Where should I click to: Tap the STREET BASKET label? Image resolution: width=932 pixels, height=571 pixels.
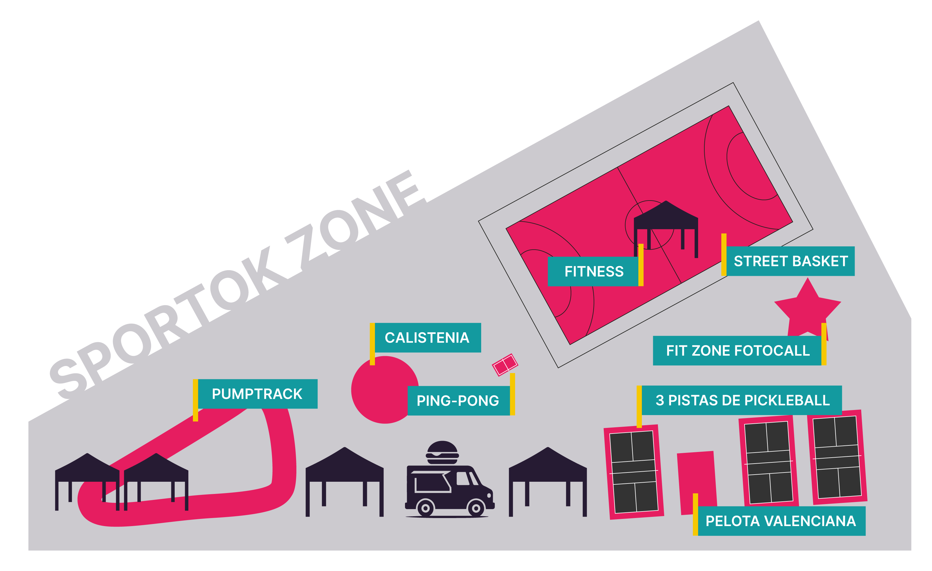click(791, 261)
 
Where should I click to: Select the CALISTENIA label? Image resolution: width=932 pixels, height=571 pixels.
click(427, 338)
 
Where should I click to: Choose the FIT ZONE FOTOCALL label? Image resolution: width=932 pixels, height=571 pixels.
click(738, 351)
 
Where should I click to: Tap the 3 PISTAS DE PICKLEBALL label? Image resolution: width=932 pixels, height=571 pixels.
click(742, 400)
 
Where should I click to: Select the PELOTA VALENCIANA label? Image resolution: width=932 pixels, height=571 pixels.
click(781, 521)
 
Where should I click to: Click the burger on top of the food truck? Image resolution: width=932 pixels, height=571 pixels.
click(442, 452)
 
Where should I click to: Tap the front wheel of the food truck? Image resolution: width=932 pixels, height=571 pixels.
click(476, 508)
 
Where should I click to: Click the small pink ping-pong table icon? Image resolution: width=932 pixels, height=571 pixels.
click(505, 364)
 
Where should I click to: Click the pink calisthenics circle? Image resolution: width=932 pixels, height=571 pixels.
click(385, 389)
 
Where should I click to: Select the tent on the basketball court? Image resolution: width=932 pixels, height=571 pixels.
click(666, 229)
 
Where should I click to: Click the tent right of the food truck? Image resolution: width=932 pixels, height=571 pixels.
click(548, 482)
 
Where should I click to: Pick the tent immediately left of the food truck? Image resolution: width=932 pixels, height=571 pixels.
click(345, 482)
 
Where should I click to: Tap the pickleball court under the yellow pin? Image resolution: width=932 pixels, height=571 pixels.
click(634, 472)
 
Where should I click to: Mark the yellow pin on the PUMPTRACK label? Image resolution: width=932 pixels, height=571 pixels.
click(196, 400)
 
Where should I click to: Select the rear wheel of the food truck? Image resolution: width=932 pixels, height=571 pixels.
click(425, 508)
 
